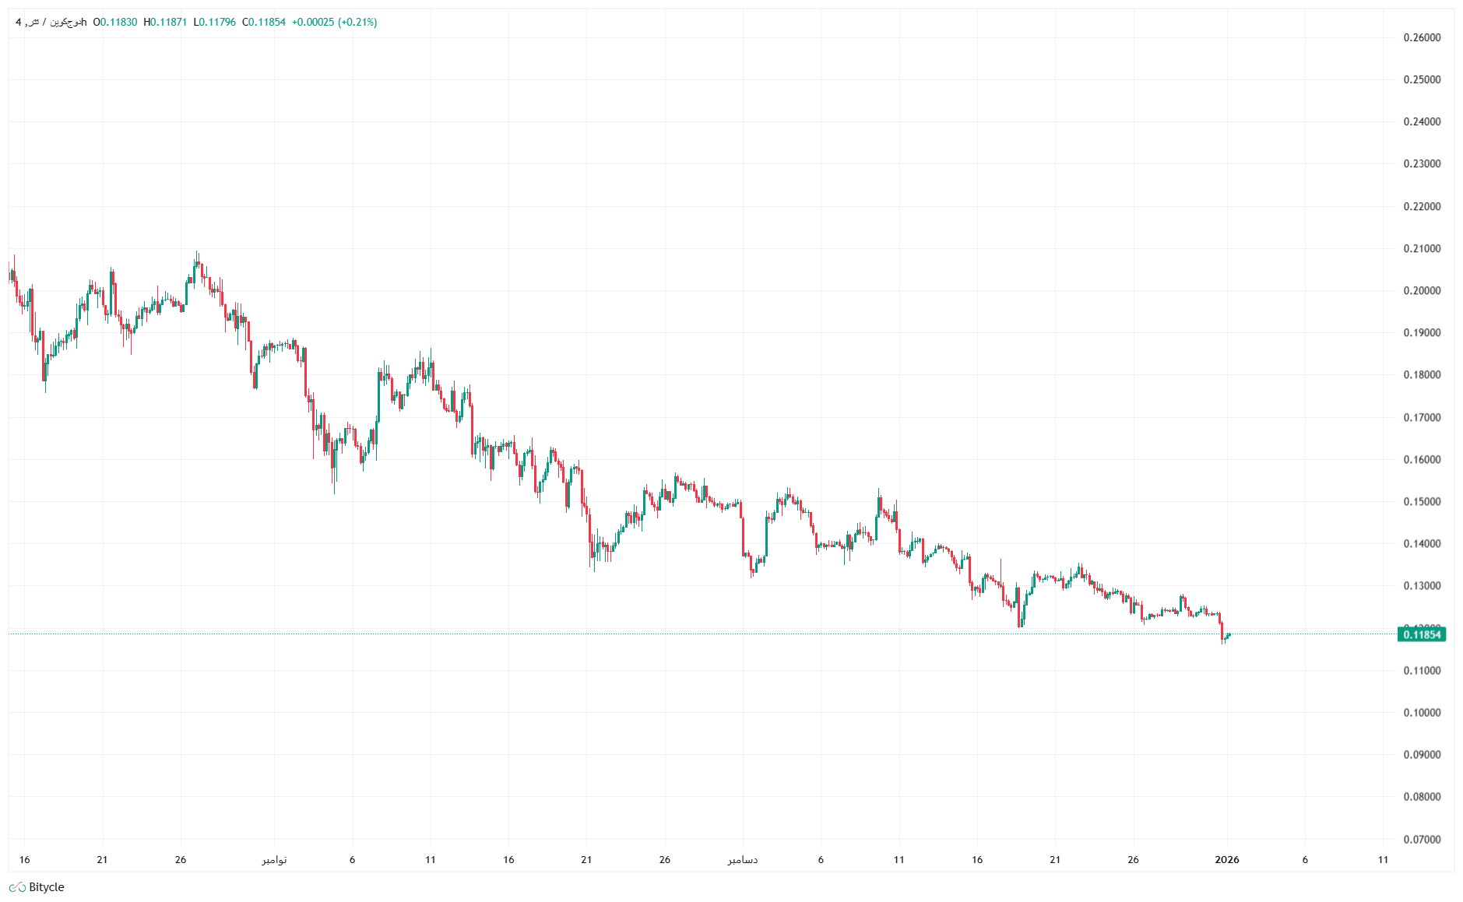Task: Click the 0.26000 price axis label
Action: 1422,37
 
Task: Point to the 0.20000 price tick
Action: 1422,290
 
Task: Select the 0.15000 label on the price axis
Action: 1422,501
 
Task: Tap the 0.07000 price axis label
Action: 1422,839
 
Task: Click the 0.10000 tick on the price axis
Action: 1422,712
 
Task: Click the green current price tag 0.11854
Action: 1422,634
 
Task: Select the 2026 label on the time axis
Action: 1227,859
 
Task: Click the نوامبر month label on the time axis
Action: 274,859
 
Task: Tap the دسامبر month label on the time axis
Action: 743,859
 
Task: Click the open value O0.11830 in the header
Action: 115,22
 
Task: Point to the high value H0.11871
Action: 165,22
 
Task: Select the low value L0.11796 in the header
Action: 214,22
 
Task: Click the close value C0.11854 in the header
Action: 264,22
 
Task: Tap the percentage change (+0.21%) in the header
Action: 357,22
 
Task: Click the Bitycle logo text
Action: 46,887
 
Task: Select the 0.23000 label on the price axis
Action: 1422,163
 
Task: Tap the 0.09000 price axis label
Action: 1422,754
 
